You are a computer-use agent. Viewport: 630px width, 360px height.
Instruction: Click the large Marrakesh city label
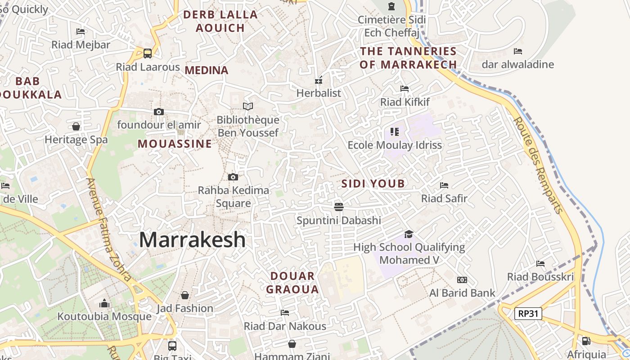pos(192,240)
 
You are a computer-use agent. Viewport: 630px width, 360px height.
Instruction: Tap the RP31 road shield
pos(528,314)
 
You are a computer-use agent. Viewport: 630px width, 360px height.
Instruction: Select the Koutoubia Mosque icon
pos(104,304)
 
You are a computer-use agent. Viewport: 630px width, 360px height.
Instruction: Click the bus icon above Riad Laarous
pos(148,54)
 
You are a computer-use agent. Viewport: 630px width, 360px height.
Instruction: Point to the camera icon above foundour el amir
pos(158,112)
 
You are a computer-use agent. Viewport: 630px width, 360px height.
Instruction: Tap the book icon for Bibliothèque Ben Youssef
pos(248,106)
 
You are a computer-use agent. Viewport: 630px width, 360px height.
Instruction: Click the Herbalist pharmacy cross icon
pos(319,81)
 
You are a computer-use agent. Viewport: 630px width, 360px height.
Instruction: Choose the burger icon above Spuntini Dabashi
pos(339,207)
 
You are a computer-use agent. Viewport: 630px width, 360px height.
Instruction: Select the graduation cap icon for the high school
pos(409,234)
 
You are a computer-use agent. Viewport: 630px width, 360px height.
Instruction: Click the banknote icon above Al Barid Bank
pos(462,280)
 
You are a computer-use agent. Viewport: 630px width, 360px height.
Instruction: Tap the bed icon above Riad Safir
pos(444,185)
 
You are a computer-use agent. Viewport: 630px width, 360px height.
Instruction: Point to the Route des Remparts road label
pos(538,165)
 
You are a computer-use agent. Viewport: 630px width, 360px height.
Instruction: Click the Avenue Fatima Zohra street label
pos(109,229)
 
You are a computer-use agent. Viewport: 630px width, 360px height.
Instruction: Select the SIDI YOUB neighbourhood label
pos(373,184)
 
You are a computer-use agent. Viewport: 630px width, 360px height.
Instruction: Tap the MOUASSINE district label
pos(175,144)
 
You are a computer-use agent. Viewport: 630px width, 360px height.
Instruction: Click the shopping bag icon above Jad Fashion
pos(184,295)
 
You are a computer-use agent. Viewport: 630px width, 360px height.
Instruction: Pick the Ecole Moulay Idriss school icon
pos(395,132)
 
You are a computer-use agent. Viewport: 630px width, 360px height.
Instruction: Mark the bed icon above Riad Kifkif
pos(405,89)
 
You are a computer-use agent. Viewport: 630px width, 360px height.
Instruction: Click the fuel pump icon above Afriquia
pos(586,341)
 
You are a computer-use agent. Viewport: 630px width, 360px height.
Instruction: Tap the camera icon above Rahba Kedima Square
pos(233,177)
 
